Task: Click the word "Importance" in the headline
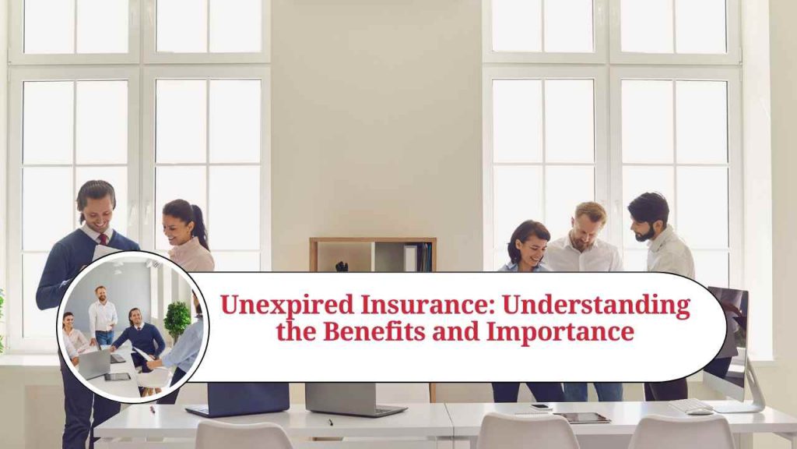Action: coord(560,333)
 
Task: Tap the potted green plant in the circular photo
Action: coord(177,318)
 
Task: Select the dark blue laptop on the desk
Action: coord(237,398)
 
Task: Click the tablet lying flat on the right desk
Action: coord(581,417)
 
